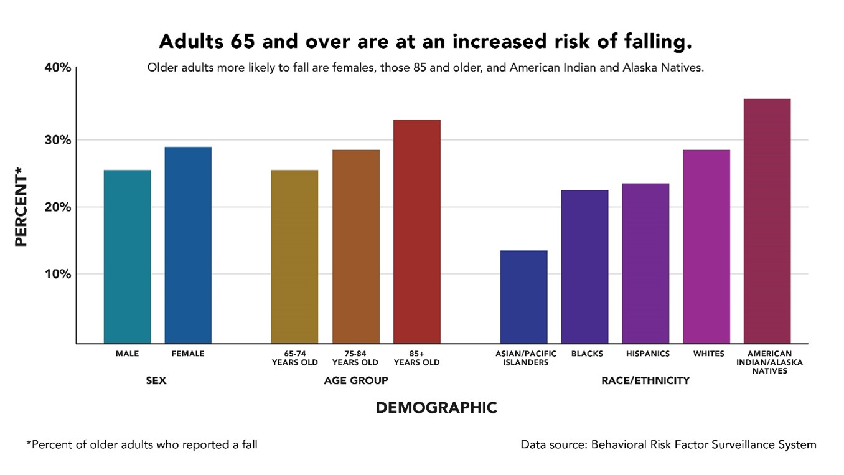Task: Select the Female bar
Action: (188, 245)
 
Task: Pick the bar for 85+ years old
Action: (416, 231)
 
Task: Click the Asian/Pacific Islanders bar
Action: (523, 296)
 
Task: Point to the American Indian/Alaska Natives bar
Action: (767, 220)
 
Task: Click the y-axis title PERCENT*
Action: (21, 210)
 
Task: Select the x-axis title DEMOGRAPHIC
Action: (436, 408)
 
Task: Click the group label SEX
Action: (156, 380)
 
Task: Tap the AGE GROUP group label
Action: (355, 380)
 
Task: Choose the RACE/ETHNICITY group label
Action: (645, 380)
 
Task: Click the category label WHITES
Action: (708, 354)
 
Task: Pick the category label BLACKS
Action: (586, 354)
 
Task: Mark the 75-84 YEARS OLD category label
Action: (355, 358)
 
